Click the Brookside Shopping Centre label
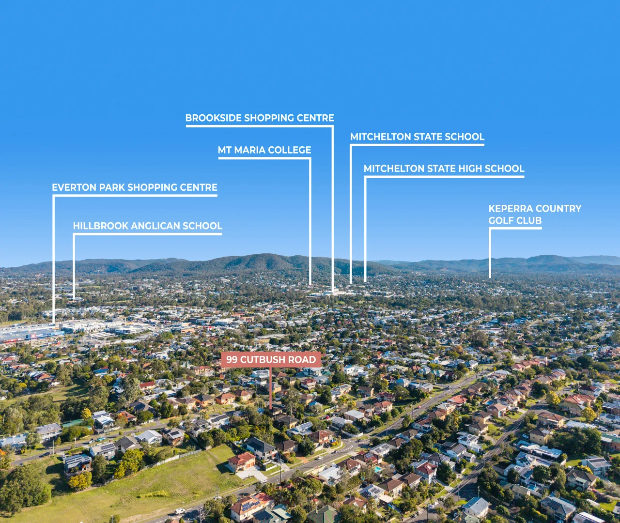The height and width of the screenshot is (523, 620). (260, 118)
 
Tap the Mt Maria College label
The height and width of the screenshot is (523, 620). (264, 150)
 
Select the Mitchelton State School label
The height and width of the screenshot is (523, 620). (417, 137)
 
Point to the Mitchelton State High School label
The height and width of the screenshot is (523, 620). (444, 169)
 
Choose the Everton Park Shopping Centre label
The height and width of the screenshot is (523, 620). (135, 187)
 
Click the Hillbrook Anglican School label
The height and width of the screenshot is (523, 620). (148, 226)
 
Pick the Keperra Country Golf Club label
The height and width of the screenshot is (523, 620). (535, 215)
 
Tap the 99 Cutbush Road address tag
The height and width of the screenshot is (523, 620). (271, 359)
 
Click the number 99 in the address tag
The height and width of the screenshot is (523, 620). (232, 359)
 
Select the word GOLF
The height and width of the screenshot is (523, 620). (500, 220)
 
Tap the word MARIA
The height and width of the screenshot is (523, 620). (250, 150)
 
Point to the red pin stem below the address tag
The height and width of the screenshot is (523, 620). (270, 388)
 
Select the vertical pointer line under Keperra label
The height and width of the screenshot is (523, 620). (490, 253)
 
